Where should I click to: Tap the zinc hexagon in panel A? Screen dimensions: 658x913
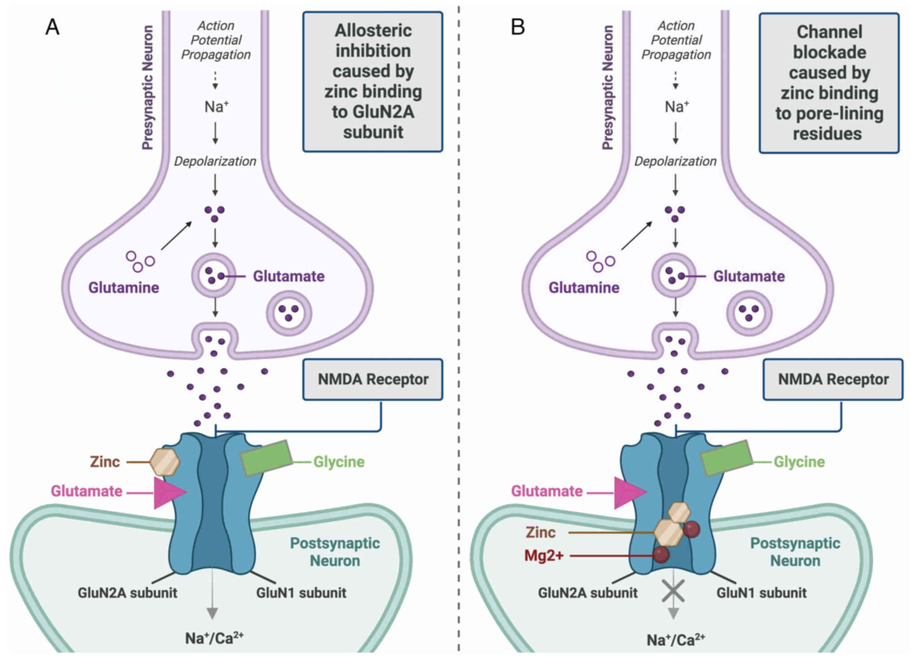coord(164,462)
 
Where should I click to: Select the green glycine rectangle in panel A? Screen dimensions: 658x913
coord(266,458)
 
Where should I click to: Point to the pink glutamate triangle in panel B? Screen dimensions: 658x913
coord(628,493)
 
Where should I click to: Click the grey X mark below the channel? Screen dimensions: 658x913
coord(673,591)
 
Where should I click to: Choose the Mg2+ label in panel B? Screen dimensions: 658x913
coord(544,556)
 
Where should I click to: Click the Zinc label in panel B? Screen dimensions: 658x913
coord(541,532)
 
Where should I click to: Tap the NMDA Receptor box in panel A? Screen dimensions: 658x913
coord(372,379)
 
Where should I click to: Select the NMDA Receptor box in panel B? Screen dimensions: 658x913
coord(833,379)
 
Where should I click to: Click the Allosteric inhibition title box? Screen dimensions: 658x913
coord(372,81)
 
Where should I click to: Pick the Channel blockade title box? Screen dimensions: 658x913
coord(829,83)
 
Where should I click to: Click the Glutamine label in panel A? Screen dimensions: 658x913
coord(124,288)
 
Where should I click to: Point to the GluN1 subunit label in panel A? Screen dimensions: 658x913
coord(301,593)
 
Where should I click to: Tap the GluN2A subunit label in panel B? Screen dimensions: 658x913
coord(588,593)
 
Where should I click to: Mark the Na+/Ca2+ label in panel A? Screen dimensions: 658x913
coord(214,638)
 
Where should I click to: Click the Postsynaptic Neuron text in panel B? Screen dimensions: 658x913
coord(795,552)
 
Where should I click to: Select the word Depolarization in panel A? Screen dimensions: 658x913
coord(215,161)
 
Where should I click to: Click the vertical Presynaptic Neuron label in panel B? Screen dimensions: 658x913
coord(607,87)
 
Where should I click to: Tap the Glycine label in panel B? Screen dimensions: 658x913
coord(799,462)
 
